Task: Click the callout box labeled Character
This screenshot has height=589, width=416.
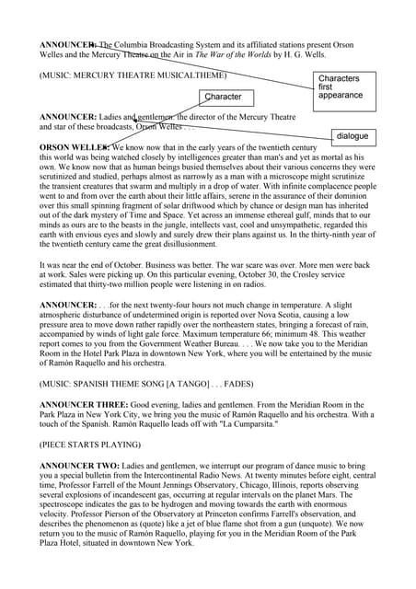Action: click(x=224, y=96)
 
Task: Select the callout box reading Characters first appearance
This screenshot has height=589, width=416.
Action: click(x=341, y=87)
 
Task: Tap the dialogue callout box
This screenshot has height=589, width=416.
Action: click(x=352, y=136)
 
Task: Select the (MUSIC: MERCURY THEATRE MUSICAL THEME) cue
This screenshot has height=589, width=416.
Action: click(x=132, y=75)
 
